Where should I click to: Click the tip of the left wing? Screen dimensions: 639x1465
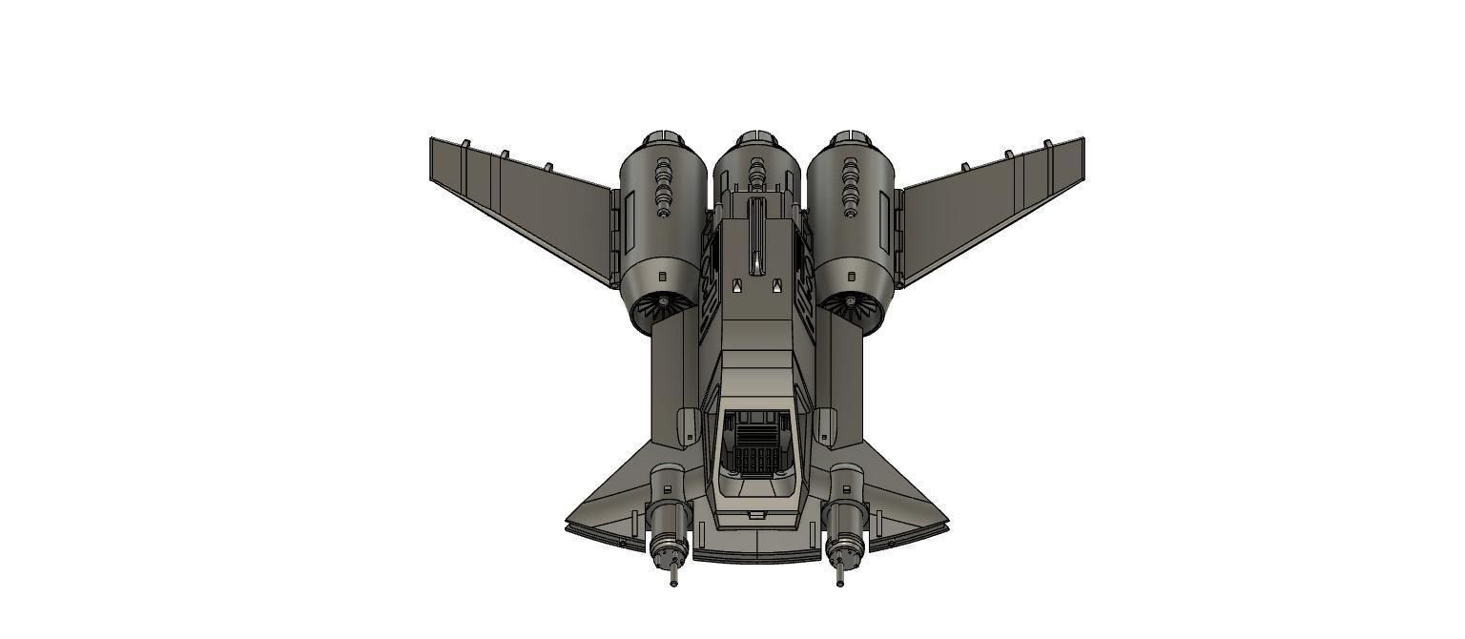point(433,141)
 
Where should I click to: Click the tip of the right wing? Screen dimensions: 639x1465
point(1081,141)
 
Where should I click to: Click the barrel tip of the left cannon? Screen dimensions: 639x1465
point(674,581)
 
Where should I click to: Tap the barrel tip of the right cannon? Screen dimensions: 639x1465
point(839,581)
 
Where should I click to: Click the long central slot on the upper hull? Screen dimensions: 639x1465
point(756,234)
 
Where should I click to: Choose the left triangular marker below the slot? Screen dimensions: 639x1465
point(735,284)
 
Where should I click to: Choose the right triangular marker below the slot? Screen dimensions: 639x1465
point(777,284)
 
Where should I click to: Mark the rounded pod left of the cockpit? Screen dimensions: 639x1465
point(687,425)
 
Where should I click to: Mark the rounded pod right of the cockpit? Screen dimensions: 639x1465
point(825,425)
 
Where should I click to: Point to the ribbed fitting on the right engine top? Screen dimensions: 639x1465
point(850,187)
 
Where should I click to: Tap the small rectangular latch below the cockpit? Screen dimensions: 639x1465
point(756,515)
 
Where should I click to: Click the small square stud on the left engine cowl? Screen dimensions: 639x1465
point(663,277)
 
